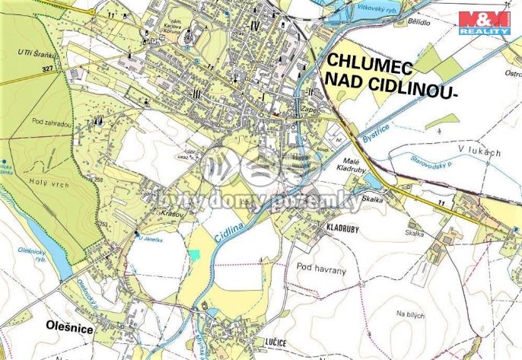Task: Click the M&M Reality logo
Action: [484, 22]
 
